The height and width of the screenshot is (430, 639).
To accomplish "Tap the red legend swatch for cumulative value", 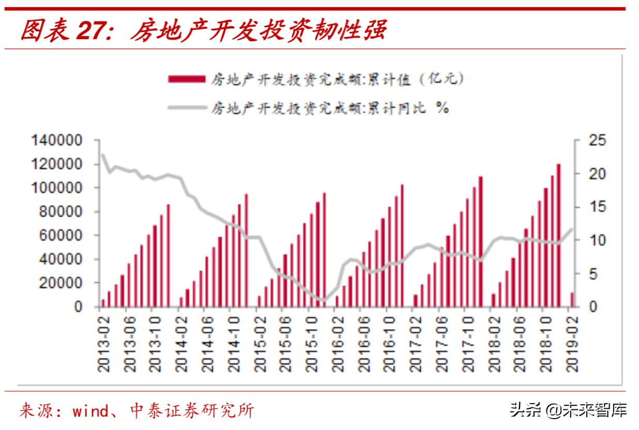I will point(186,79).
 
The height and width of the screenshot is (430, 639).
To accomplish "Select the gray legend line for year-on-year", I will point(186,108).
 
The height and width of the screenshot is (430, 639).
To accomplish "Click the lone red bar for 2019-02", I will point(572,300).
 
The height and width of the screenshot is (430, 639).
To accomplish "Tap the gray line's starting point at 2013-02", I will point(103,155).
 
